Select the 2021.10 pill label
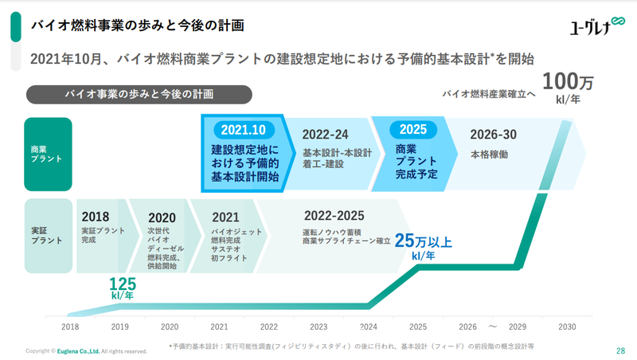[x=244, y=130]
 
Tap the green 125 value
[x=123, y=284]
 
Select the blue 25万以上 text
[x=423, y=241]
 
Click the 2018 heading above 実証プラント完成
[x=96, y=216]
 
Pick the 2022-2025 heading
[x=334, y=215]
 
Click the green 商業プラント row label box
[x=48, y=154]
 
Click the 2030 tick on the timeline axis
[x=567, y=327]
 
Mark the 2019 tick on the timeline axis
[x=119, y=327]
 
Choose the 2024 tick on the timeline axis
[x=368, y=327]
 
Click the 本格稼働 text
[x=489, y=154]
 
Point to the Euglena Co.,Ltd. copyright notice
[x=88, y=350]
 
